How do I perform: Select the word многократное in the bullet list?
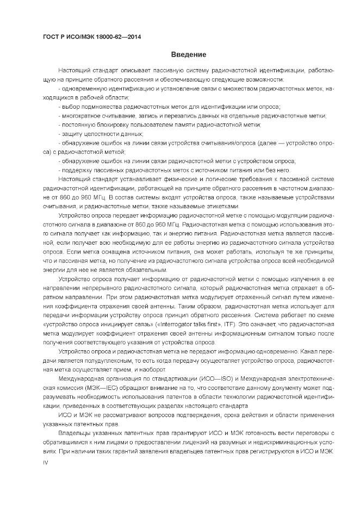(x=80, y=115)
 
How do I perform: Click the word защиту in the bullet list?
(x=72, y=133)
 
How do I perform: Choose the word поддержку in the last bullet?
(x=76, y=169)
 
